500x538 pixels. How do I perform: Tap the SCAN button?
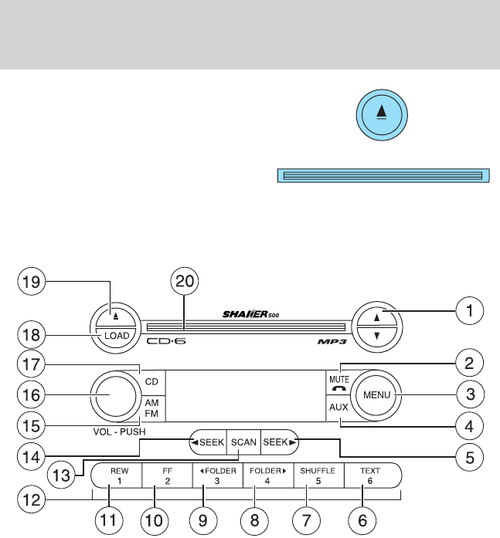(x=242, y=443)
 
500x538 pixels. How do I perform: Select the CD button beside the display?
(x=151, y=381)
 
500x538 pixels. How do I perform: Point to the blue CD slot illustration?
(x=383, y=177)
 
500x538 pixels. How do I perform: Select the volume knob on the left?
(x=114, y=395)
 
